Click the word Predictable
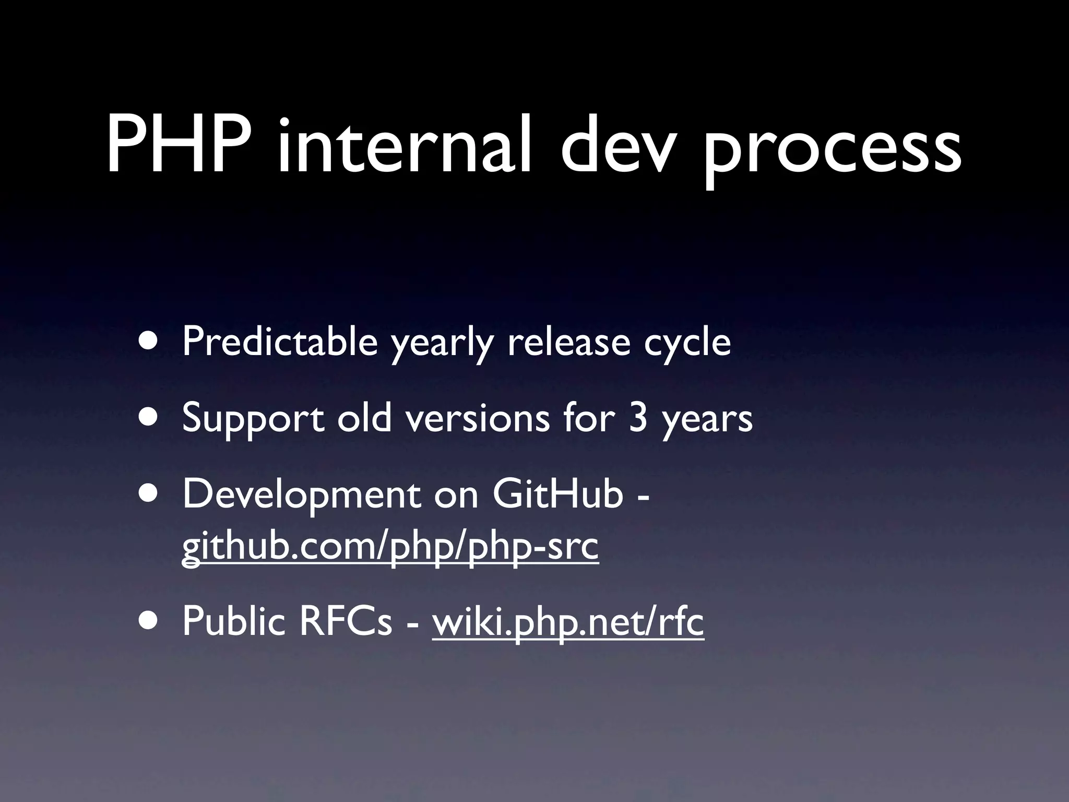[x=280, y=342]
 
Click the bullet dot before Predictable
[x=150, y=341]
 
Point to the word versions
[x=478, y=419]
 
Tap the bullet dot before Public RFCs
[x=150, y=622]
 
